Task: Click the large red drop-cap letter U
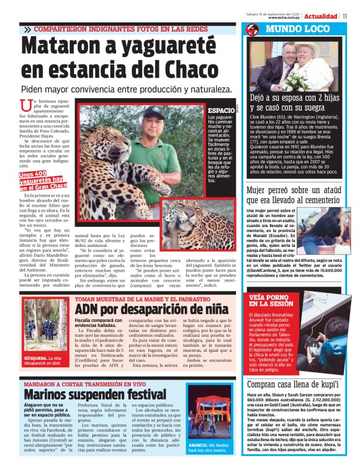pos(26,107)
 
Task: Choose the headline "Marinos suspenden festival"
pos(94,394)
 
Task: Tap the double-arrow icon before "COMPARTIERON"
pos(28,29)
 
